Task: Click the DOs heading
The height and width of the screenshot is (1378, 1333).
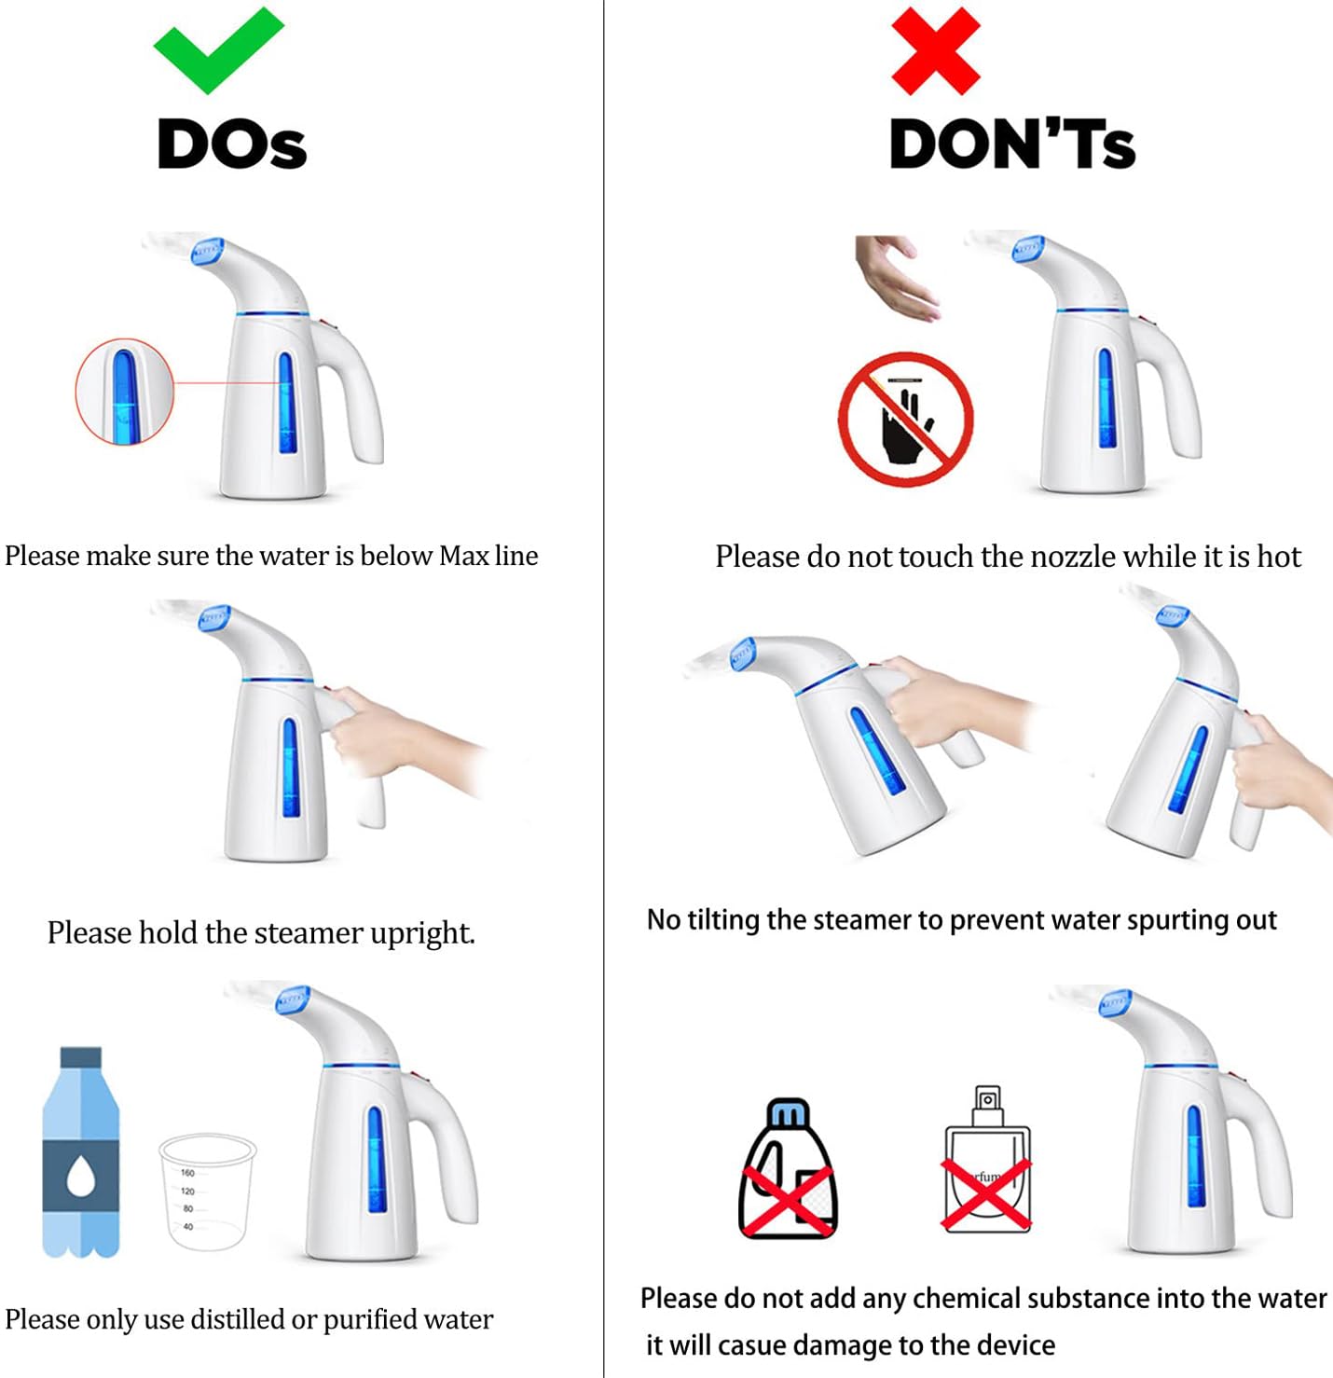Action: pyautogui.click(x=232, y=145)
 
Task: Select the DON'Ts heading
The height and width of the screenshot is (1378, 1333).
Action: pyautogui.click(x=1012, y=145)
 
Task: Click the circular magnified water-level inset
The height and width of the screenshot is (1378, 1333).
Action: pyautogui.click(x=125, y=392)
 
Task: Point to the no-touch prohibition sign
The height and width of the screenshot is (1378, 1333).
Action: pyautogui.click(x=905, y=420)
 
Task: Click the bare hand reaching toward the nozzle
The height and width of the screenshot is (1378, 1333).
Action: pyautogui.click(x=896, y=278)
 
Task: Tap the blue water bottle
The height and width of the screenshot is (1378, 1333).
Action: pyautogui.click(x=81, y=1152)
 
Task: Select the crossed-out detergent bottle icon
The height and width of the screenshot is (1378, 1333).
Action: pyautogui.click(x=787, y=1170)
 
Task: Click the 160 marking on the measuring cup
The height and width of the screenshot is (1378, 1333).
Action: pyautogui.click(x=186, y=1173)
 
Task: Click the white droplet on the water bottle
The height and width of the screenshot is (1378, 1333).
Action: pyautogui.click(x=81, y=1177)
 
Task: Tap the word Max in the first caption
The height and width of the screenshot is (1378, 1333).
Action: pyautogui.click(x=463, y=556)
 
